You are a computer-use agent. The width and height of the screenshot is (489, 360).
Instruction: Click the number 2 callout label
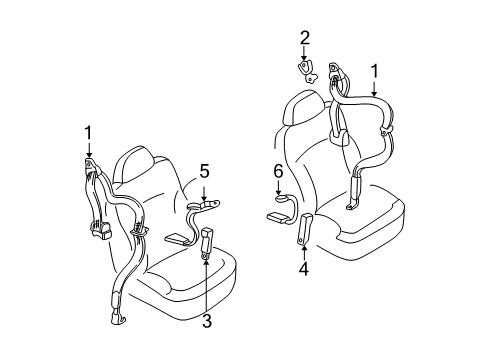click(x=304, y=39)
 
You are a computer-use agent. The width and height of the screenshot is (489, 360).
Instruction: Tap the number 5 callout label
click(x=204, y=171)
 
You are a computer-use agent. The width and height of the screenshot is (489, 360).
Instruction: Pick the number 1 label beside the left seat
click(x=87, y=132)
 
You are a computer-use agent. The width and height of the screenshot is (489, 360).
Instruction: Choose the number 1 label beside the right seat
click(x=374, y=72)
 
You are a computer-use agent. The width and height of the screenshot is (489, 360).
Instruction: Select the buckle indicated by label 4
click(x=304, y=228)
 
